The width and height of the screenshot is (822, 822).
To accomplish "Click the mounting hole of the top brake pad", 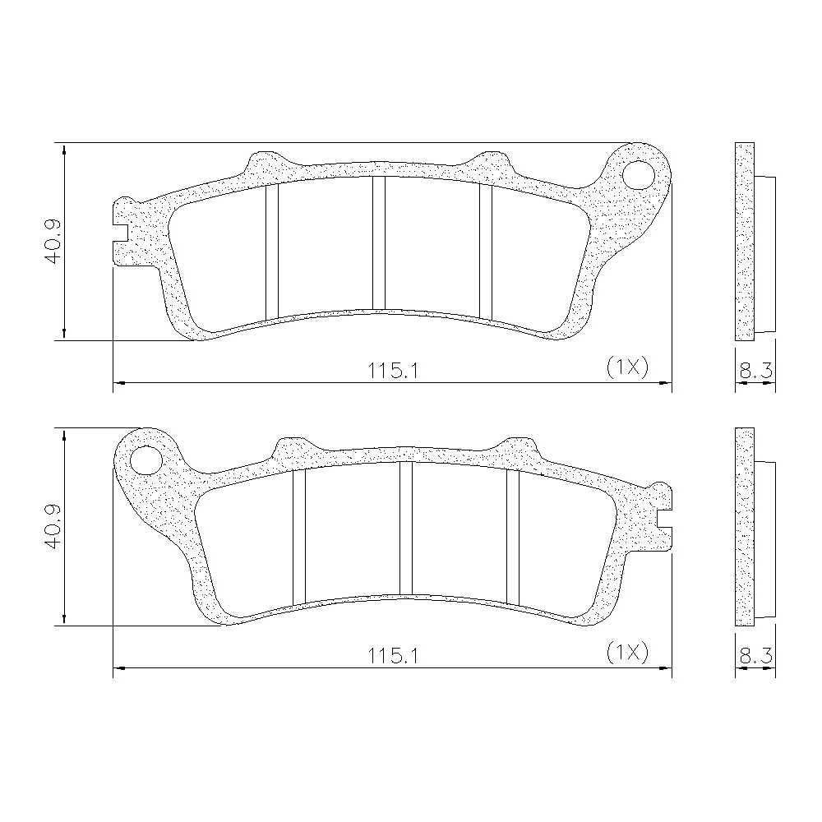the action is (x=640, y=174).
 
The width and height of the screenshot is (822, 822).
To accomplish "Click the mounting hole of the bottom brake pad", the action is (x=145, y=460).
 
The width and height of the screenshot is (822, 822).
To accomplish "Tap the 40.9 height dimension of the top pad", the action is (x=53, y=241).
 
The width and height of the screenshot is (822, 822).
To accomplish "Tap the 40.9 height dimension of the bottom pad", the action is (x=53, y=527).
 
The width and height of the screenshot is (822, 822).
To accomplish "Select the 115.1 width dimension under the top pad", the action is (x=393, y=372).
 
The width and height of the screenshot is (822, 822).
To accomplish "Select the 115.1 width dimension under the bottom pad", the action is (x=393, y=656).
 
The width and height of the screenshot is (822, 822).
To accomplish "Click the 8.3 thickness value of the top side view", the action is (x=755, y=371).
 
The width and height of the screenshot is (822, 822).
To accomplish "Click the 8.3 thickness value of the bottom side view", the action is (x=755, y=656).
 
